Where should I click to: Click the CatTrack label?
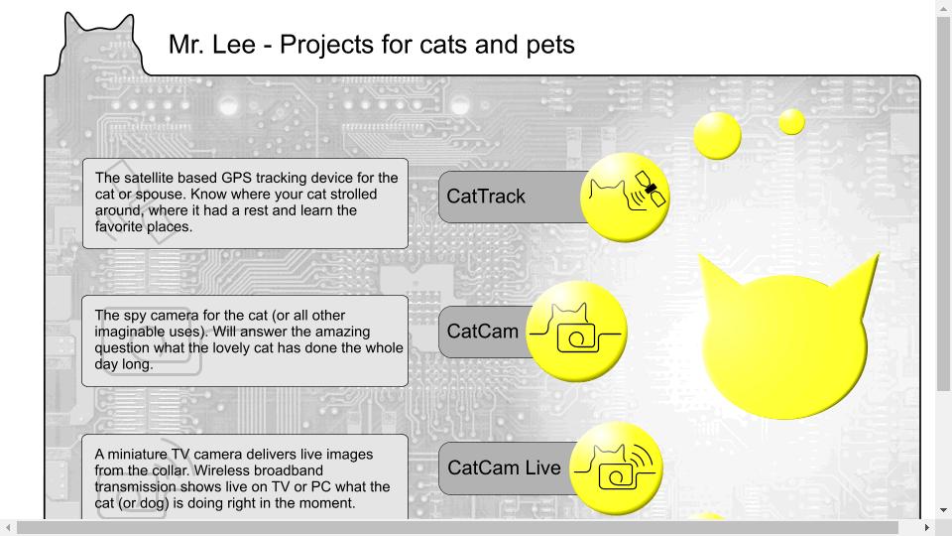(x=486, y=197)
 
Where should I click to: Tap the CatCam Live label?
(x=504, y=468)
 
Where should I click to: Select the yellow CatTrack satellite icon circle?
(x=625, y=197)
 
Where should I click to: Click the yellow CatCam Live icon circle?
(x=616, y=469)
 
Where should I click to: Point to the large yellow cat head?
(x=786, y=340)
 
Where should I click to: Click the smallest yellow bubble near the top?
(x=791, y=122)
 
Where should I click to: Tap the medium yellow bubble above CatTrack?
(x=718, y=136)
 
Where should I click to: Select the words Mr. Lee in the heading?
(x=212, y=45)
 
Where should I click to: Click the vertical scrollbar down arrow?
(x=943, y=510)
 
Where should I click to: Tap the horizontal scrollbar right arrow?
(x=927, y=527)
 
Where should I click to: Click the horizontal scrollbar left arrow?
(x=8, y=527)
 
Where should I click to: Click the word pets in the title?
(x=550, y=45)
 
